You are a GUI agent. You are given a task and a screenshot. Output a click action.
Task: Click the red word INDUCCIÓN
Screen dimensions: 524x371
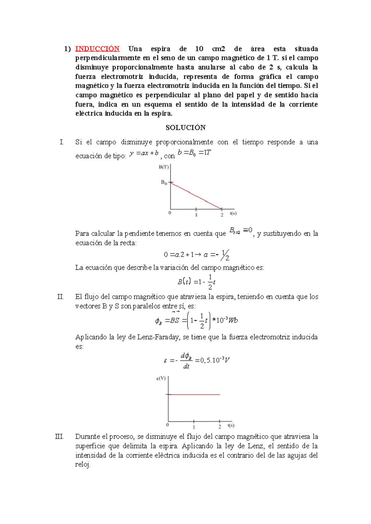(97, 49)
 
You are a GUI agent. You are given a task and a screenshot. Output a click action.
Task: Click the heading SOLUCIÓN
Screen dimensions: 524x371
(185, 127)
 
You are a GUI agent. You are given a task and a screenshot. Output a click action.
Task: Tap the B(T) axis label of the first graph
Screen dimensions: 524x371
(164, 167)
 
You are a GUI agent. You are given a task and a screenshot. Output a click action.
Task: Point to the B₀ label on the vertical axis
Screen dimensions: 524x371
(164, 182)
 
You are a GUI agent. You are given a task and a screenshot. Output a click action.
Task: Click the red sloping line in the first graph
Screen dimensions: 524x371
(196, 196)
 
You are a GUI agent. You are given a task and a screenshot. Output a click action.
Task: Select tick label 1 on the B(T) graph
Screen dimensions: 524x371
(196, 215)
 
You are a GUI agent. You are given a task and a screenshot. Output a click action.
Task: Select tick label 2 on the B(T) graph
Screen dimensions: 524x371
(222, 215)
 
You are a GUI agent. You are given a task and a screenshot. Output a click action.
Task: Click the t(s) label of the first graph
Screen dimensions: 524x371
(233, 213)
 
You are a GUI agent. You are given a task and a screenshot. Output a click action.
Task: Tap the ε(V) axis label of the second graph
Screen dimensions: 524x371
(161, 378)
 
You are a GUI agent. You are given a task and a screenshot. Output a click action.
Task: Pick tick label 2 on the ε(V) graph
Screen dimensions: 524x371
(220, 427)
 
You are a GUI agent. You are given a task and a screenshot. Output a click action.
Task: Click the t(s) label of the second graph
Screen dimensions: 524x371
(231, 425)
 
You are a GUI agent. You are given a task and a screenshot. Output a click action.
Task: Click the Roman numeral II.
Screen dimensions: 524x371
(60, 297)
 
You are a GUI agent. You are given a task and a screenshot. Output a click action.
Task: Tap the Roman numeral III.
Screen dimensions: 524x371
(59, 437)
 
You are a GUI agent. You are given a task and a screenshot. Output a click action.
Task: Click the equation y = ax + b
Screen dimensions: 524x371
(144, 153)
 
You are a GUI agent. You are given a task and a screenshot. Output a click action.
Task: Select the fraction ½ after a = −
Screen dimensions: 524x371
(225, 255)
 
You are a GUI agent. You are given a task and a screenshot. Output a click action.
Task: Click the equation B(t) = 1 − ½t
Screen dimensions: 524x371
(197, 281)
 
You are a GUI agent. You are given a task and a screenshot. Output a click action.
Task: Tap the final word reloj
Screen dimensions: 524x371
(83, 465)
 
